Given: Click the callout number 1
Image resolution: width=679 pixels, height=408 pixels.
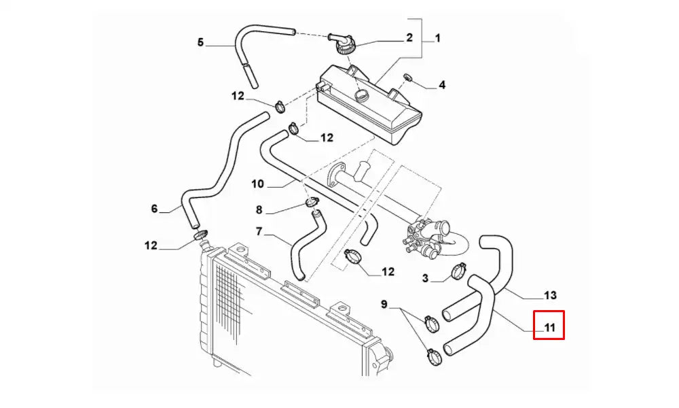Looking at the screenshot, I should (437, 39).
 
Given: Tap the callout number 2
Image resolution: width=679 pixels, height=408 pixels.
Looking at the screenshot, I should (409, 39).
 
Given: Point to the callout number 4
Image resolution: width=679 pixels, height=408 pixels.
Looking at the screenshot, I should (441, 86).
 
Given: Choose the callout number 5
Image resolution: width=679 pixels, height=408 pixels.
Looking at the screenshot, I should (200, 42).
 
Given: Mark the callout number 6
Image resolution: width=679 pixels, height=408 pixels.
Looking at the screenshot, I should (154, 209).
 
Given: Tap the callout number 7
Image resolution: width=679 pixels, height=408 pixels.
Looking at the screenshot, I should (259, 232).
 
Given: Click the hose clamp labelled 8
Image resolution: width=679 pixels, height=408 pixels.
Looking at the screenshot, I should (313, 201).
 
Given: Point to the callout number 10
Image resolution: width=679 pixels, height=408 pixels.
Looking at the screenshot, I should (257, 183).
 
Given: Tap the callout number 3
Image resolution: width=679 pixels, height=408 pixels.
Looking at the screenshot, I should (425, 278).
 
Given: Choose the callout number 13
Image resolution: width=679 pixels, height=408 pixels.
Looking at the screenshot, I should (551, 295).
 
